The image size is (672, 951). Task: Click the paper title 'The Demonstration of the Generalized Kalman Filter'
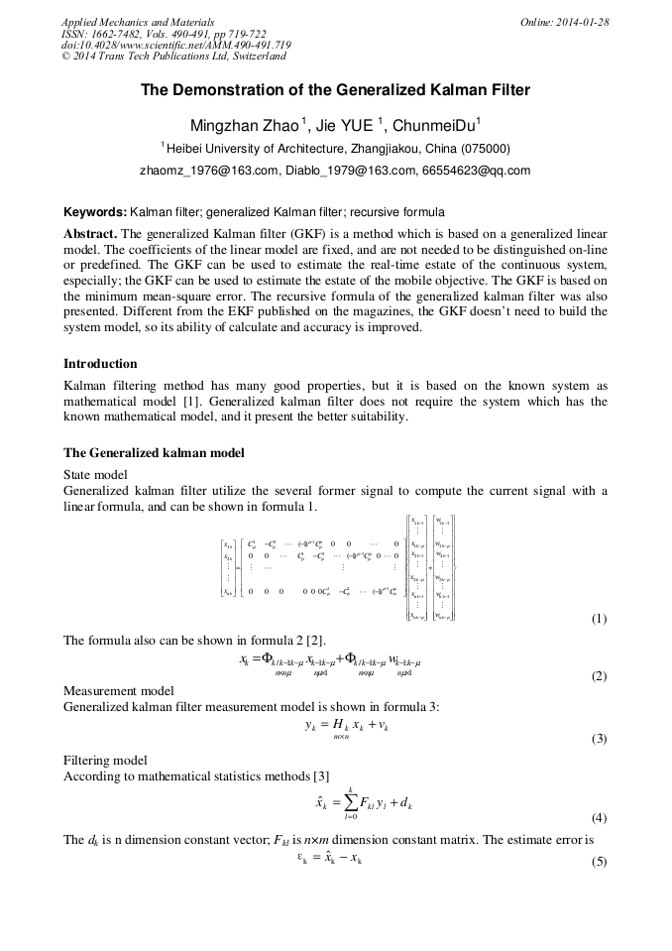pos(335,90)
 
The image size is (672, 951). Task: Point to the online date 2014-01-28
pos(579,22)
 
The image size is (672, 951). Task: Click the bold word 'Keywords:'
pos(95,212)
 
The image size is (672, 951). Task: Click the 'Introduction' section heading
pos(100,364)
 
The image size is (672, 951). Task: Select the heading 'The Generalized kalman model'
pos(154,453)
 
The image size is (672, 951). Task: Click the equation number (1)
pos(599,619)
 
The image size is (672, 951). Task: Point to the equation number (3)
pos(599,739)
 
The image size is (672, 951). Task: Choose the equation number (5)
pos(599,862)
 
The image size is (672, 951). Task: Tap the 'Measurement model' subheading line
pos(119,690)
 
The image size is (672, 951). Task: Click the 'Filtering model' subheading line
pos(105,761)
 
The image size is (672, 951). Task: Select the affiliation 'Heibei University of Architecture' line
pos(335,149)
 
